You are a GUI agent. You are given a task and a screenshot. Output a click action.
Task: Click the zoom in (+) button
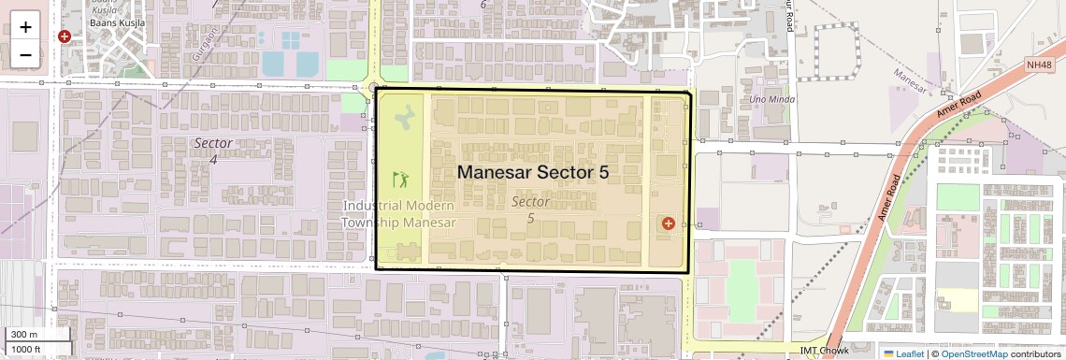point(25,26)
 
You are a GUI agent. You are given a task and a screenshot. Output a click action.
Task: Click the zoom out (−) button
point(25,54)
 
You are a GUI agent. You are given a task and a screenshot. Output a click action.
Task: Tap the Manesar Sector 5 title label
point(532,172)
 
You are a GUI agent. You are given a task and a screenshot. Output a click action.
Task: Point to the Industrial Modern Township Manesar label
point(398,214)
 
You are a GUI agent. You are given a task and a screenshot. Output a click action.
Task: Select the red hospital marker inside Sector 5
point(668,223)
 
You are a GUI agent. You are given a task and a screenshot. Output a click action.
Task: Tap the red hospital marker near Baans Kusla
point(65,37)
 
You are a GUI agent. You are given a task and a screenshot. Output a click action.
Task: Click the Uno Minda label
point(770,99)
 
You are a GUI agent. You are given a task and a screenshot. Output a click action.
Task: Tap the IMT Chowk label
point(817,350)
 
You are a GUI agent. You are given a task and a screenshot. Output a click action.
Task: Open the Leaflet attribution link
point(902,353)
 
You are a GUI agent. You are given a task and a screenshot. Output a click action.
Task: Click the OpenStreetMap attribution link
point(973,353)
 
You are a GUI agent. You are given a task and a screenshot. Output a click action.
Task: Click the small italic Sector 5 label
point(530,209)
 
